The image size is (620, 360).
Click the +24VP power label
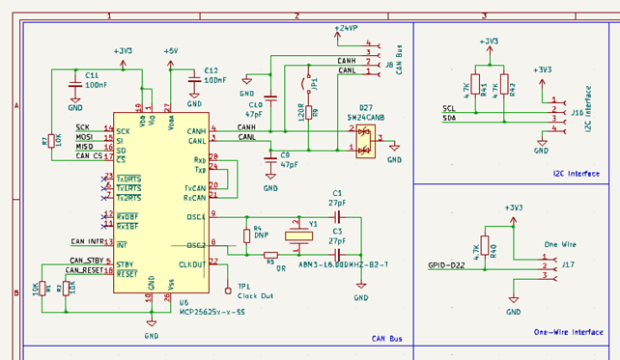click(346, 29)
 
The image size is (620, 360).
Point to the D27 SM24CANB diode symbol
click(364, 140)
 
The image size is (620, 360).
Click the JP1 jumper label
click(314, 83)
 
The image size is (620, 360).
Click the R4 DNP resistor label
click(260, 232)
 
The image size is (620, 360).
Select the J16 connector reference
click(577, 112)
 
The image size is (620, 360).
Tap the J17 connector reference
click(568, 263)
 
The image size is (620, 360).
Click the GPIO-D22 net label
click(445, 265)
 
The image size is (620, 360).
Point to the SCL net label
click(448, 109)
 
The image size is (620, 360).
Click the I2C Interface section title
click(577, 174)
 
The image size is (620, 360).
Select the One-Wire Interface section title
click(568, 332)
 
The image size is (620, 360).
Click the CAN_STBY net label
click(86, 260)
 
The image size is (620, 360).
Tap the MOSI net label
click(85, 137)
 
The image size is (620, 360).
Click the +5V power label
click(170, 50)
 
